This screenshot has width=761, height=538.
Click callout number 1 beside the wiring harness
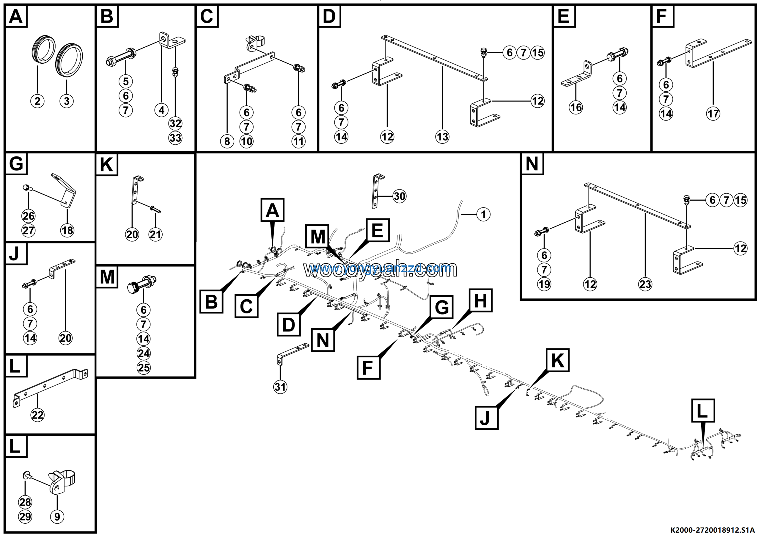(483, 214)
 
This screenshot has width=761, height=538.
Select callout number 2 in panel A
(37, 101)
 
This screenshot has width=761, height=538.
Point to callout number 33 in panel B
(175, 138)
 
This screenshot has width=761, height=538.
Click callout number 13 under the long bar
(442, 137)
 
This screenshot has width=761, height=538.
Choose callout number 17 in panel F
(713, 114)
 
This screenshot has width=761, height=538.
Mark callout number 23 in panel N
(645, 284)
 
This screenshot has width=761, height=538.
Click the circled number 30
(400, 196)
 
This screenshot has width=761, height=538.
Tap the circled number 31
(280, 387)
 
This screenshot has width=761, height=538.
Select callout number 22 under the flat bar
(37, 415)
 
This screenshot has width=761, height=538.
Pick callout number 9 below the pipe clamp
(57, 517)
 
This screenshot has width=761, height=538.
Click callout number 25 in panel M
(144, 367)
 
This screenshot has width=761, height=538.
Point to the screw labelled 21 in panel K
(155, 209)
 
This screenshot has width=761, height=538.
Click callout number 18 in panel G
(67, 230)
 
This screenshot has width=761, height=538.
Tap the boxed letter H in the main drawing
(481, 301)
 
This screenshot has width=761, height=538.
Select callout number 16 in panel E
(576, 107)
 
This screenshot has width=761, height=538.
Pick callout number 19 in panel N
(544, 284)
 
